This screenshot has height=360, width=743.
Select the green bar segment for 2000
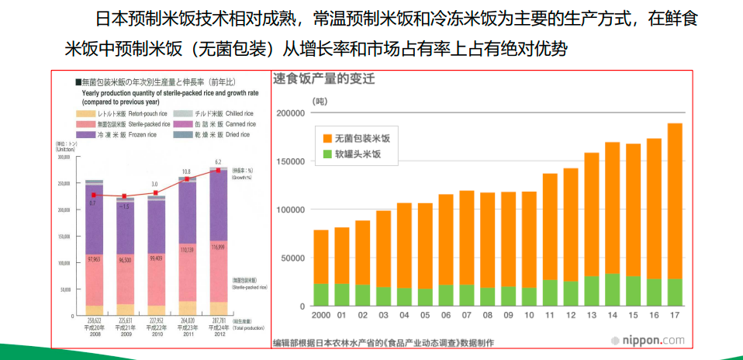(x=321, y=294)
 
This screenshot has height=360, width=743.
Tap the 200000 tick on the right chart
(x=290, y=113)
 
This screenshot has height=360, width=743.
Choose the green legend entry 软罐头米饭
(x=358, y=155)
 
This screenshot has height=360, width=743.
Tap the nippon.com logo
(x=647, y=340)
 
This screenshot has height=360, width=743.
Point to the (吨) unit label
(x=320, y=101)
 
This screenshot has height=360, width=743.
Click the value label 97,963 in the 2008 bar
(x=95, y=259)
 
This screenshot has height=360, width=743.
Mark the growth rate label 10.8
(x=186, y=171)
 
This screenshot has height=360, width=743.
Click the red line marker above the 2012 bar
(x=218, y=170)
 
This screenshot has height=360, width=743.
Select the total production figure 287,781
(x=218, y=317)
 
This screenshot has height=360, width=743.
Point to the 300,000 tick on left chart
(x=64, y=157)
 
